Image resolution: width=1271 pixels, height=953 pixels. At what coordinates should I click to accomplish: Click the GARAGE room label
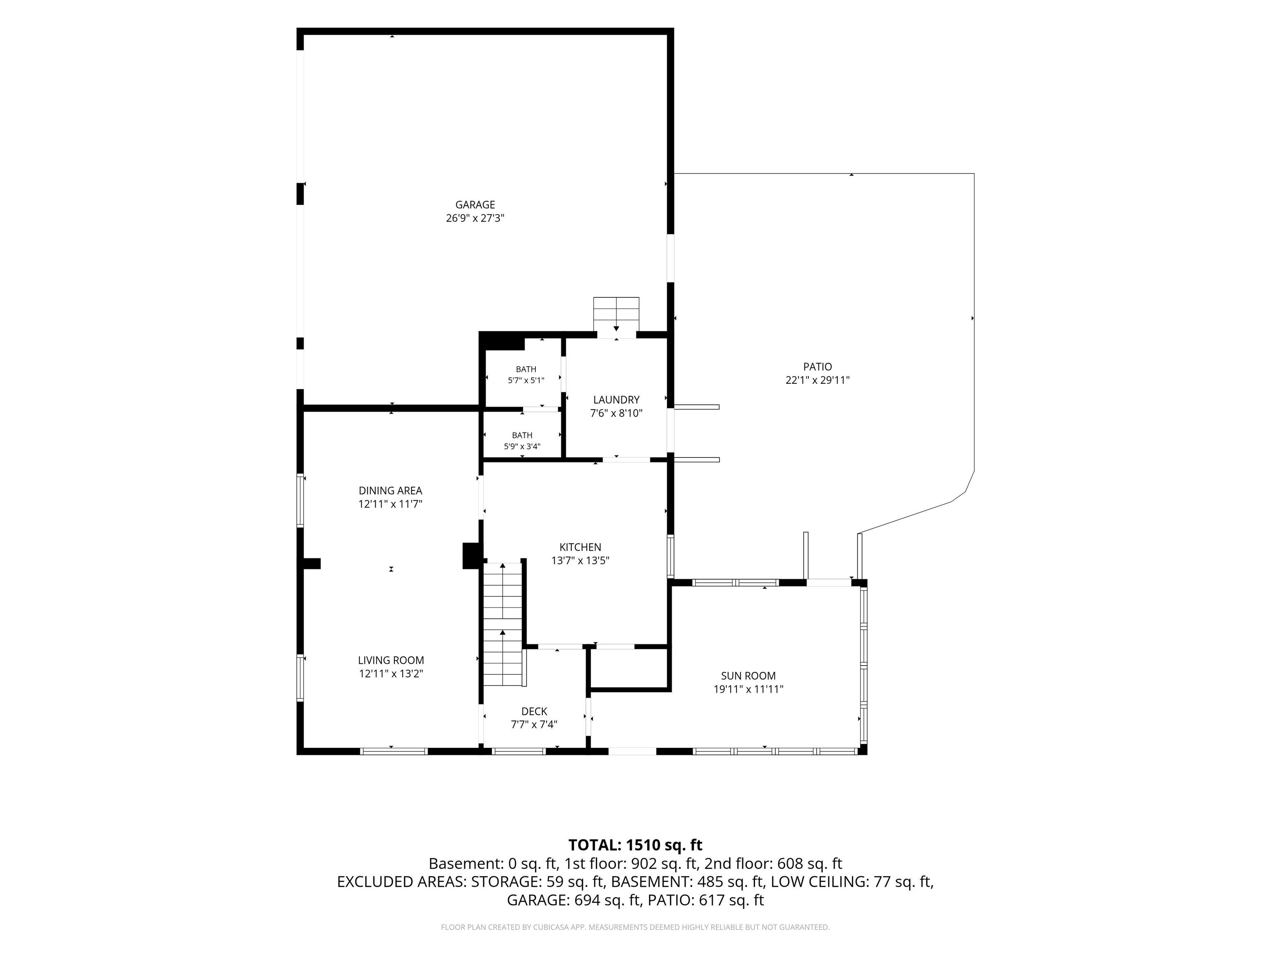475,204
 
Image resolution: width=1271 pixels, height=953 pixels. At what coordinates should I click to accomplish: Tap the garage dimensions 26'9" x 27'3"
475,218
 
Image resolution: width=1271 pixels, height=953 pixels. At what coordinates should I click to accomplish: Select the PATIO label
817,366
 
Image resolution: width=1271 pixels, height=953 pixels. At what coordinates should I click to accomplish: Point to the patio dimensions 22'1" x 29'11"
817,380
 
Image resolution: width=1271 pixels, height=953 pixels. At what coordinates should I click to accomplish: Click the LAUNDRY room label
616,400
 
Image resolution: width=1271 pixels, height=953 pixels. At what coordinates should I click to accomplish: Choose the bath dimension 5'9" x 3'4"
522,446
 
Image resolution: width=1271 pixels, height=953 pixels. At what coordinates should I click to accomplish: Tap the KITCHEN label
580,548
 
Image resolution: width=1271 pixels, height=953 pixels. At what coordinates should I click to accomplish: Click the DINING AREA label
390,491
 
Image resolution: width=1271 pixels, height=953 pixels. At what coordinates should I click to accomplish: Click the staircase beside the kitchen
503,625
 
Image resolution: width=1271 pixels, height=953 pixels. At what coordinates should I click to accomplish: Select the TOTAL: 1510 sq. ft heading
635,845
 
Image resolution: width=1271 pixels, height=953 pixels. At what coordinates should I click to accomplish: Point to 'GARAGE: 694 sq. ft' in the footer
573,900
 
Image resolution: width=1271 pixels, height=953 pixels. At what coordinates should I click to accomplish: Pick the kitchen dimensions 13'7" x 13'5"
580,560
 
